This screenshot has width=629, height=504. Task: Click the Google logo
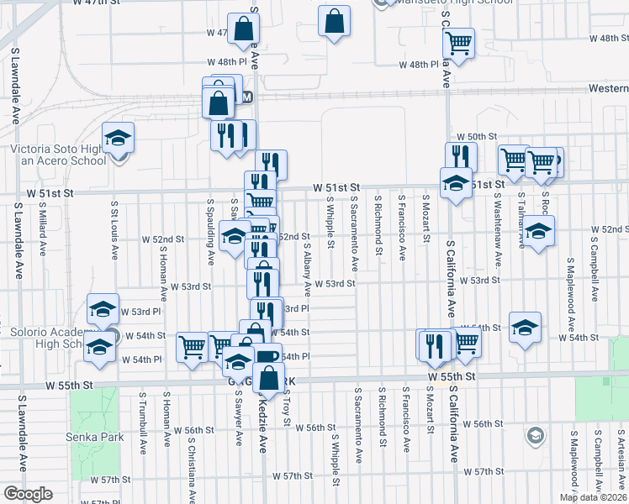point(27,494)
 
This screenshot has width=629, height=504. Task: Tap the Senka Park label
point(95,437)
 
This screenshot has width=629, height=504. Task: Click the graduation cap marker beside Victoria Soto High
point(119,138)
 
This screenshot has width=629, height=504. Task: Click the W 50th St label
point(472,136)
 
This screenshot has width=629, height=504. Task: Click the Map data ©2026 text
point(594,497)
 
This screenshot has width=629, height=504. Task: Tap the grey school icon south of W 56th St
point(534,435)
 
